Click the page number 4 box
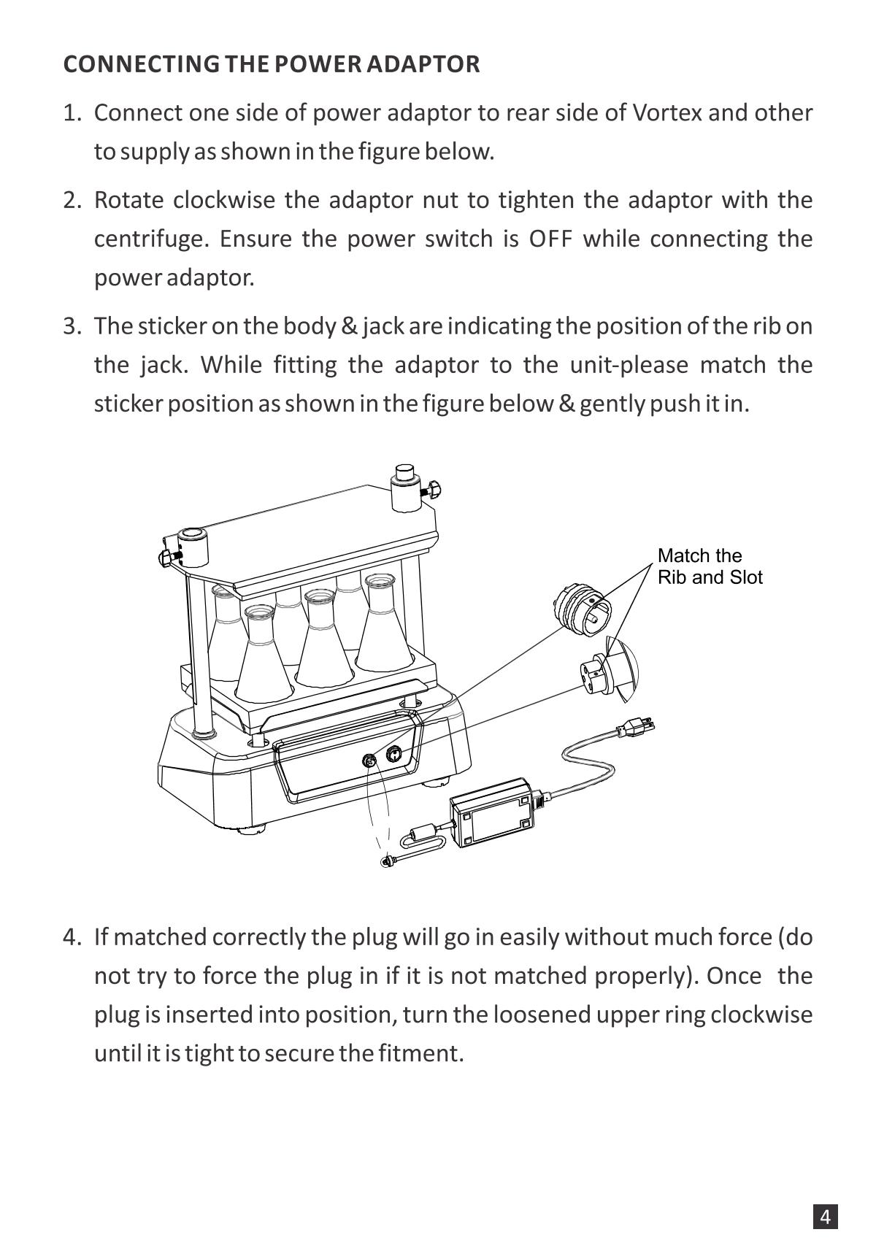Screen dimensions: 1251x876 (825, 1217)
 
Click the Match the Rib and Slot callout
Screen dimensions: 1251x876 (709, 566)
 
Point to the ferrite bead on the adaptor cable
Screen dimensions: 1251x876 (421, 832)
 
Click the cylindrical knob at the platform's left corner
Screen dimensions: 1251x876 (193, 547)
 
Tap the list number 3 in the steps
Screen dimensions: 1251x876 (72, 326)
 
